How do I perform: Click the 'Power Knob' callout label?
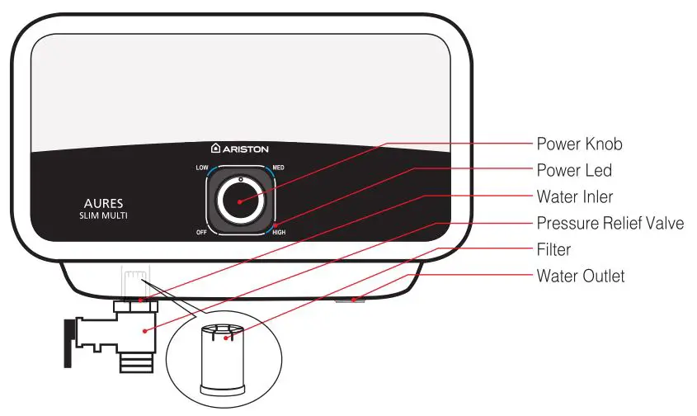click(x=579, y=144)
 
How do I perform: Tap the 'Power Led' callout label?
click(x=574, y=170)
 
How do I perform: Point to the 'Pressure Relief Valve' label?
click(x=610, y=223)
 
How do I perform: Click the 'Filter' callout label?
click(x=553, y=249)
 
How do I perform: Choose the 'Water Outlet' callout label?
click(x=581, y=276)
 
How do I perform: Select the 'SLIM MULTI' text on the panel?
click(x=103, y=215)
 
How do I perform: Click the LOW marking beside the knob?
click(x=201, y=168)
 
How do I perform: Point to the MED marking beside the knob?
click(x=278, y=168)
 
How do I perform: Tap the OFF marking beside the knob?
click(x=201, y=232)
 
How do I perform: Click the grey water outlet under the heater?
click(x=351, y=300)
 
